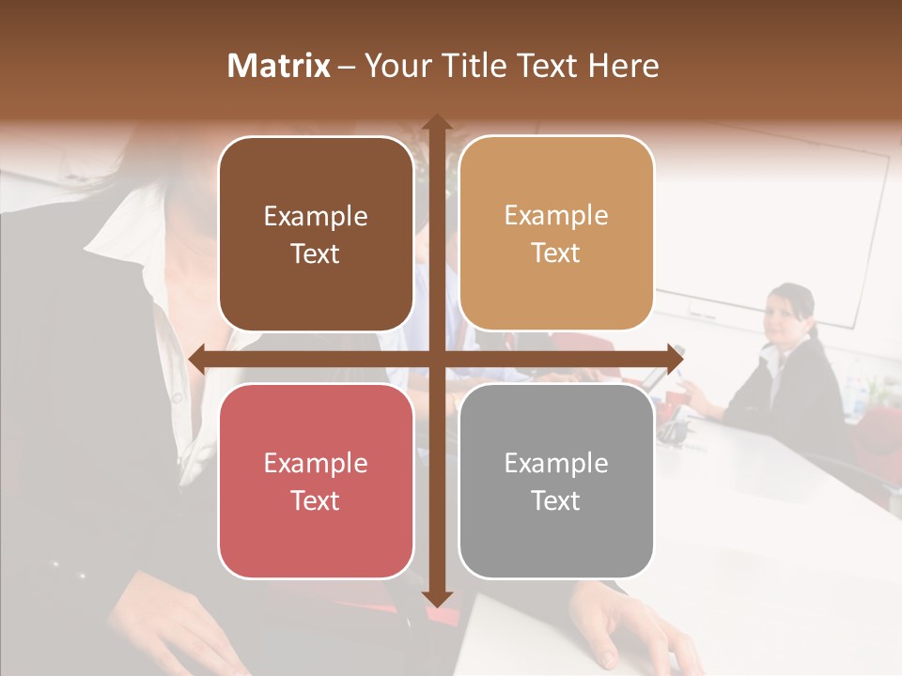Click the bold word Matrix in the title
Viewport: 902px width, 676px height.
point(279,66)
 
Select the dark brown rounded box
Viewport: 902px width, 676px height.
point(316,234)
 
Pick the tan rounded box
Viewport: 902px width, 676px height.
point(556,234)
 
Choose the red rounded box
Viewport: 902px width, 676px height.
point(316,481)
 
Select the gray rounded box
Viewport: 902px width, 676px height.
point(556,481)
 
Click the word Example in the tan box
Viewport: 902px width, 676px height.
point(556,216)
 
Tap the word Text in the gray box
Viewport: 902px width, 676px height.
point(556,500)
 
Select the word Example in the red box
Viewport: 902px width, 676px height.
point(316,463)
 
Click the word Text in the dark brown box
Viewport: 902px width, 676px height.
point(316,253)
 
